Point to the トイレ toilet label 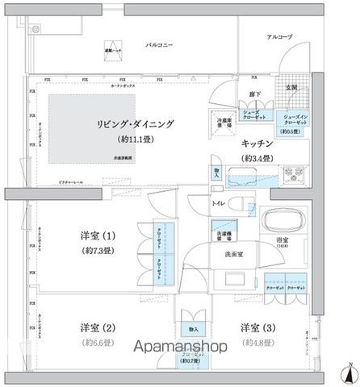[x=218, y=205]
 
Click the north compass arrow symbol [x=348, y=372]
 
